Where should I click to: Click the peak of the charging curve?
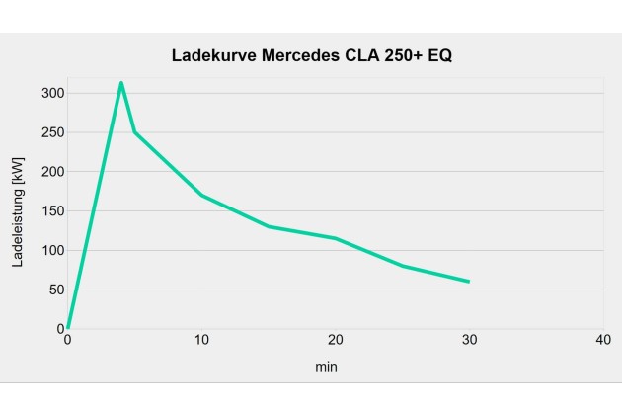[x=121, y=83]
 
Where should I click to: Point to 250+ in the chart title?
[x=407, y=55]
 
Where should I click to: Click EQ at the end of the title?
[x=441, y=55]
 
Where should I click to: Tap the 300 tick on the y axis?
[x=51, y=93]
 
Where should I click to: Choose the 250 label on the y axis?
[x=51, y=132]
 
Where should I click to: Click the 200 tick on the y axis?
[x=51, y=172]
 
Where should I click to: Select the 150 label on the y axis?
[x=51, y=211]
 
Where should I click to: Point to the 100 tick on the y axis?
[x=51, y=251]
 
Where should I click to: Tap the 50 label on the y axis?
[x=54, y=290]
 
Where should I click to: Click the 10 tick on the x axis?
[x=201, y=340]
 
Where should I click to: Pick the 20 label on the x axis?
[x=336, y=340]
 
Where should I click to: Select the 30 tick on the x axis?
[x=469, y=340]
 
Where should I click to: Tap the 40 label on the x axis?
[x=603, y=340]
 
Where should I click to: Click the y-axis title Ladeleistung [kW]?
[x=17, y=211]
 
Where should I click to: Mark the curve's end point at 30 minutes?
[x=469, y=282]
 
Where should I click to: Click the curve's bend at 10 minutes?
[x=201, y=195]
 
